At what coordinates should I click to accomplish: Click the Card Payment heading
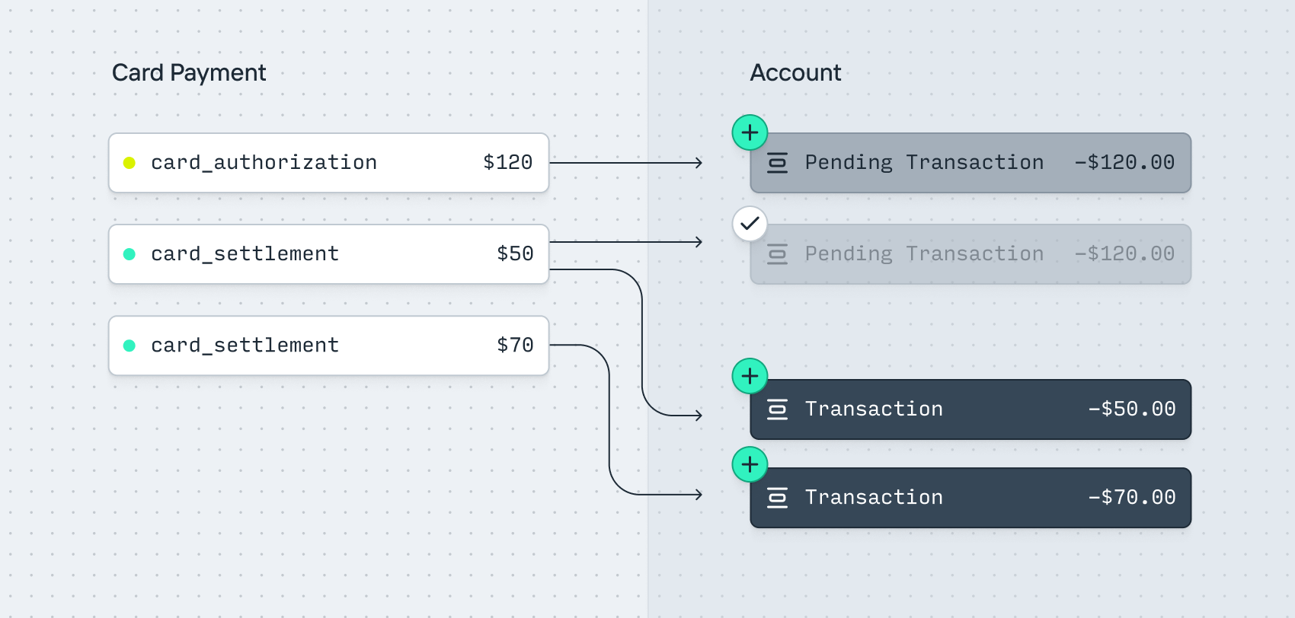pos(189,73)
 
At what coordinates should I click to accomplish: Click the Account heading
pos(795,73)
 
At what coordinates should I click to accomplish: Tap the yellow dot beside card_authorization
pos(129,163)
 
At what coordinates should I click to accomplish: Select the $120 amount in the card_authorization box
pos(507,162)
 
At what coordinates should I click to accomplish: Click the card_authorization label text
pos(264,163)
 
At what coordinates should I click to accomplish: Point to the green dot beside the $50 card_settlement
pos(129,254)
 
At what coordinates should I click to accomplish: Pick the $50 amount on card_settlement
pos(514,253)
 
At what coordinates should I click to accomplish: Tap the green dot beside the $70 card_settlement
pos(129,346)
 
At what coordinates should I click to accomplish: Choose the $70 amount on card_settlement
pos(514,345)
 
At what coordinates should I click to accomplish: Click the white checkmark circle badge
pos(750,224)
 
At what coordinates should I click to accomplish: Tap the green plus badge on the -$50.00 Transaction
pos(750,376)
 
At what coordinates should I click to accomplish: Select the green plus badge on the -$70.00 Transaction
pos(750,464)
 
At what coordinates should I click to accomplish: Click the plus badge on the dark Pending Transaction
pos(750,132)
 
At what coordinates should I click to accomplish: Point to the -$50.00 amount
pos(1131,409)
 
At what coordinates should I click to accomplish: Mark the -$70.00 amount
pos(1131,497)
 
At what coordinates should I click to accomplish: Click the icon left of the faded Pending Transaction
pos(777,254)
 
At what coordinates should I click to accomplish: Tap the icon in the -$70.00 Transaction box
pos(777,497)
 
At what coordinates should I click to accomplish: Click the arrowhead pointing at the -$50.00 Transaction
pos(699,415)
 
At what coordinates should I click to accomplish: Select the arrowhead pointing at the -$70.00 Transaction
pos(699,495)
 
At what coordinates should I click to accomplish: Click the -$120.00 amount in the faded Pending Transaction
pos(1124,253)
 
